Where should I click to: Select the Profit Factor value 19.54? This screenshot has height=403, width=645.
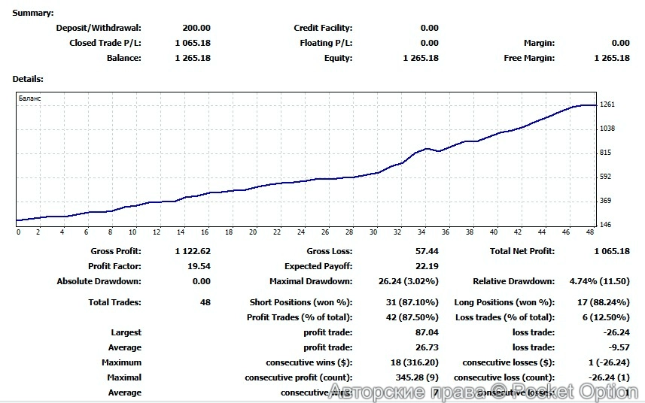pyautogui.click(x=199, y=266)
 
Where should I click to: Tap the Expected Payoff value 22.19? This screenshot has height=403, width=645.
pyautogui.click(x=426, y=266)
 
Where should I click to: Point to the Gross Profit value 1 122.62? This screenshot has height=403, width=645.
pyautogui.click(x=192, y=251)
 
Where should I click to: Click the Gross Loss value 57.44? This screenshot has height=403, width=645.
pyautogui.click(x=426, y=251)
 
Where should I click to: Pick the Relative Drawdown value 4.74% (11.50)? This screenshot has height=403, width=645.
pyautogui.click(x=599, y=281)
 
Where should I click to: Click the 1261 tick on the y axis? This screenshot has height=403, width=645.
pyautogui.click(x=607, y=105)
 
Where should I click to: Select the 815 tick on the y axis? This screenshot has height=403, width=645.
pyautogui.click(x=606, y=153)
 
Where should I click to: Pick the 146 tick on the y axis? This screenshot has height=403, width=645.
pyautogui.click(x=606, y=225)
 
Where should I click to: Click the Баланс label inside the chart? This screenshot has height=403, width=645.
pyautogui.click(x=30, y=98)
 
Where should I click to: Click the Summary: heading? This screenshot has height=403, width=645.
pyautogui.click(x=33, y=13)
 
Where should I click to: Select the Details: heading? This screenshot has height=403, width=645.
pyautogui.click(x=28, y=78)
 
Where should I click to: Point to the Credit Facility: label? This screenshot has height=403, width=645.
pyautogui.click(x=323, y=28)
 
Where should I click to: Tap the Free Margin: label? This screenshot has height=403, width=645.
pyautogui.click(x=529, y=58)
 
